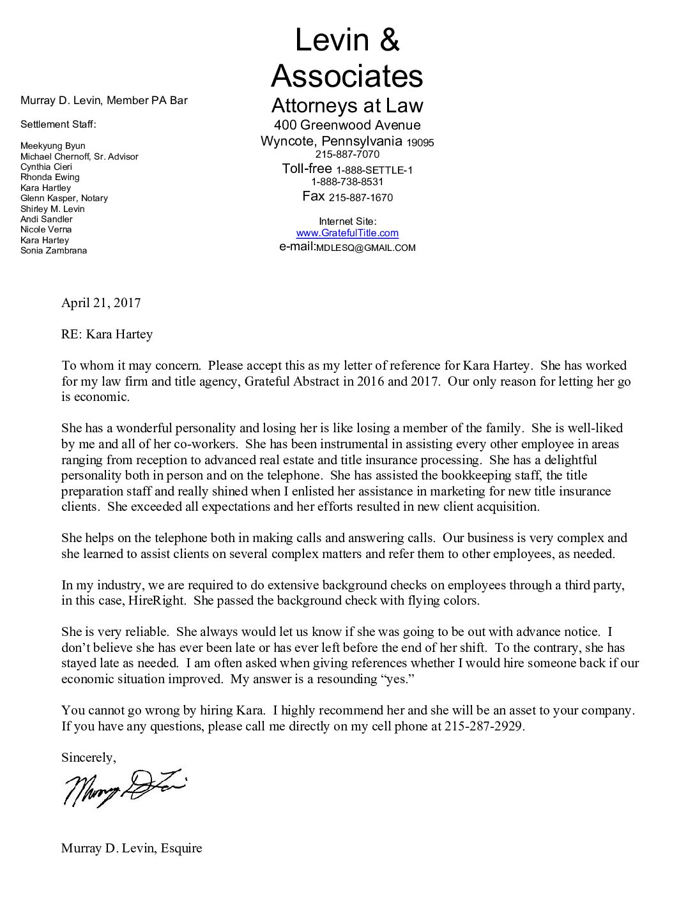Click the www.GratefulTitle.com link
point(347,234)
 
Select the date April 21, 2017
point(101,303)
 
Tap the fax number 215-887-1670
point(360,197)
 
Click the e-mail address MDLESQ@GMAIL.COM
point(365,248)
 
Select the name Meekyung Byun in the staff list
point(52,146)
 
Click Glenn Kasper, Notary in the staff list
point(64,198)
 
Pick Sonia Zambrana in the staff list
point(54,250)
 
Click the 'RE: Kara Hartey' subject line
point(107,335)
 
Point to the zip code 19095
point(420,143)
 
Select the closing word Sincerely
point(88,758)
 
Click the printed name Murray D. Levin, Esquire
point(132,849)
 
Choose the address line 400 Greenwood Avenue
point(347,125)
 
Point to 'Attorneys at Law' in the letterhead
point(347,105)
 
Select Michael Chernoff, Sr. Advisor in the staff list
point(79,156)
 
